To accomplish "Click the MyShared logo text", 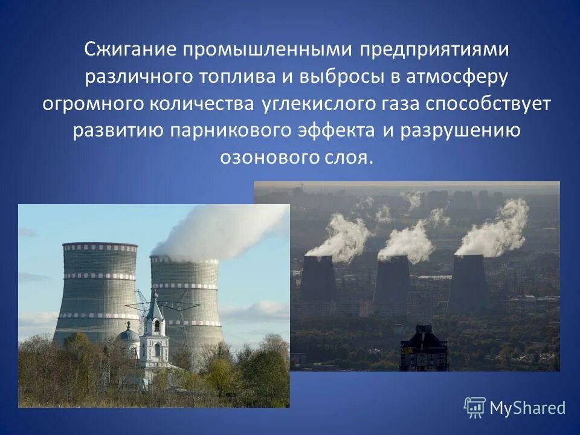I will point(527,408).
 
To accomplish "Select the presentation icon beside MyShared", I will point(475,408).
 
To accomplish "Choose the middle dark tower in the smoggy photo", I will point(393,281).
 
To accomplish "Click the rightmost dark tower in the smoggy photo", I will point(467,281).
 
